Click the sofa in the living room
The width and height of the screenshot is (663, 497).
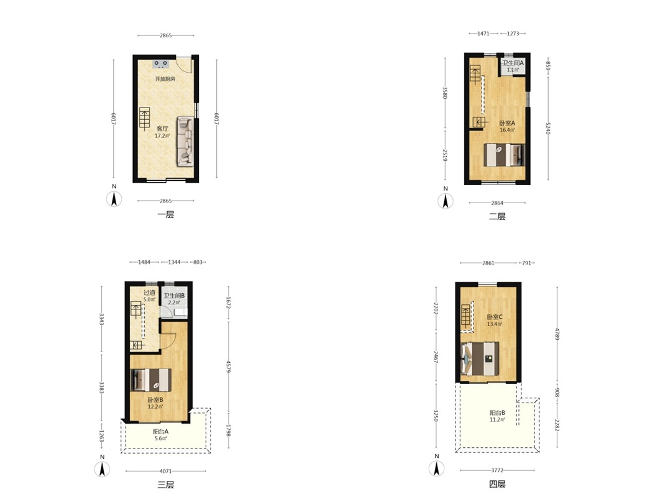click(x=185, y=141)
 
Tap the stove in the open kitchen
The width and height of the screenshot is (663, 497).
click(x=161, y=64)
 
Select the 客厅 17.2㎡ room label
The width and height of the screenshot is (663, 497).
click(x=162, y=132)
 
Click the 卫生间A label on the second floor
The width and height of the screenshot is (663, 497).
click(x=513, y=63)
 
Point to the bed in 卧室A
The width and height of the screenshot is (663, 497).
click(x=503, y=155)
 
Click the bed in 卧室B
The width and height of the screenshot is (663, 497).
click(x=152, y=380)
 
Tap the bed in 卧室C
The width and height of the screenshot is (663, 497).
click(x=480, y=358)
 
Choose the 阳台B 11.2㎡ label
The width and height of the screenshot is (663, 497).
click(x=497, y=416)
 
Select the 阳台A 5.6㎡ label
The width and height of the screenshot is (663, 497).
click(x=161, y=435)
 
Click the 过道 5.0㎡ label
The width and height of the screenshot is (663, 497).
click(x=149, y=296)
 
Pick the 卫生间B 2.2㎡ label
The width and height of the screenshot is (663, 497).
click(x=174, y=299)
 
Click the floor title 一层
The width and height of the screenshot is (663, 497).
click(x=166, y=214)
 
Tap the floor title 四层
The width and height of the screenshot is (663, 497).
click(x=497, y=484)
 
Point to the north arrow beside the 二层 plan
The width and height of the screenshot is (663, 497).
click(x=446, y=201)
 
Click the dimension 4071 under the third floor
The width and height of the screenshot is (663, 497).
click(x=166, y=471)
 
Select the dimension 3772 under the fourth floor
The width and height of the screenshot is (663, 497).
click(x=497, y=470)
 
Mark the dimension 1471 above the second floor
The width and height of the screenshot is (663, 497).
click(x=483, y=34)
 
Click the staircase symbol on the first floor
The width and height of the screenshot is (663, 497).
click(x=145, y=119)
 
